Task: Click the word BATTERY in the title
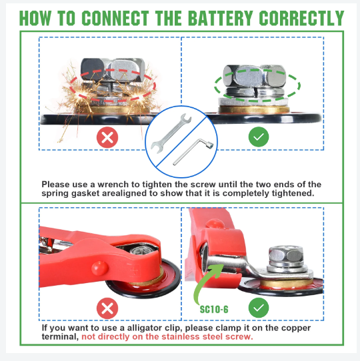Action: (x=221, y=18)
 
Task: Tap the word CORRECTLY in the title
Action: (x=301, y=18)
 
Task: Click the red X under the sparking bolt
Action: (x=107, y=137)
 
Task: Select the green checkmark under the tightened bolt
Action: (x=259, y=137)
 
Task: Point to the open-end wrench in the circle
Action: (x=171, y=133)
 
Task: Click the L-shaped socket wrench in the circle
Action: (x=193, y=152)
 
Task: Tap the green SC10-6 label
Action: (x=214, y=310)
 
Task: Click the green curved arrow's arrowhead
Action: (x=218, y=270)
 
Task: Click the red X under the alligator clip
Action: (x=107, y=308)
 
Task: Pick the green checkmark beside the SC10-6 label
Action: (x=259, y=308)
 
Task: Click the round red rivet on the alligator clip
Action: (x=99, y=268)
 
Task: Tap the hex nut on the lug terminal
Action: (x=286, y=255)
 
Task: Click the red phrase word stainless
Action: (x=181, y=336)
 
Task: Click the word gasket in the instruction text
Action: (x=85, y=193)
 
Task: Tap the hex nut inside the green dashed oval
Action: (x=255, y=76)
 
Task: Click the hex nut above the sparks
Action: (x=113, y=70)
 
